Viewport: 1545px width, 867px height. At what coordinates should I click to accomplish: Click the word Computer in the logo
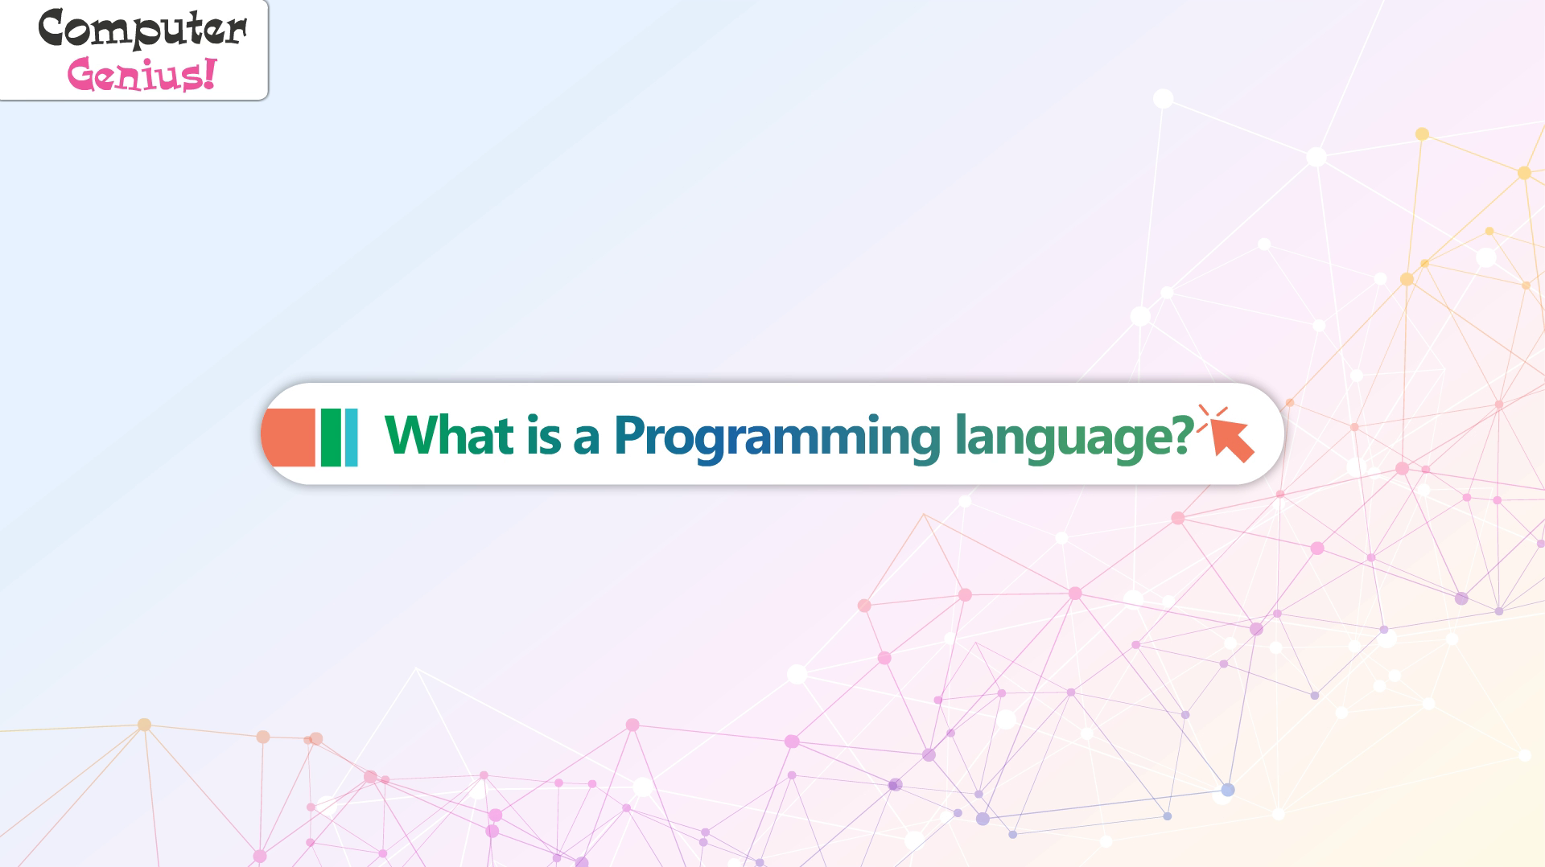[x=142, y=29]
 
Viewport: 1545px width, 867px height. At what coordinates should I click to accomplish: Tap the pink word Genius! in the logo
[x=142, y=75]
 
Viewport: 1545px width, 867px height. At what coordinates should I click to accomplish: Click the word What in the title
[x=449, y=435]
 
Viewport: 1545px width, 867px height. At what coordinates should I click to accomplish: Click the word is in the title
[x=544, y=435]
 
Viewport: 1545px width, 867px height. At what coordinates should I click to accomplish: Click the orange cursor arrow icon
[x=1226, y=434]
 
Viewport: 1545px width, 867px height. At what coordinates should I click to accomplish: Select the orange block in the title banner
[x=288, y=438]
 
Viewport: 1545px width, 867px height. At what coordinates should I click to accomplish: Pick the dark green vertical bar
[x=331, y=438]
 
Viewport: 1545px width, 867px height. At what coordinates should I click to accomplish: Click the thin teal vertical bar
[x=351, y=438]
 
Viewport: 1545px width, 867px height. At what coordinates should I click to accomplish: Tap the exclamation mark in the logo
[x=210, y=73]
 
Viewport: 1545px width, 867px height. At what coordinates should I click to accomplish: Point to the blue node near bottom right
[x=1227, y=790]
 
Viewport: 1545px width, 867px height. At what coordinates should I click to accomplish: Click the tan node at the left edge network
[x=144, y=725]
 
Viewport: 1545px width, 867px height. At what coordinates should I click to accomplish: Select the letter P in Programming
[x=630, y=435]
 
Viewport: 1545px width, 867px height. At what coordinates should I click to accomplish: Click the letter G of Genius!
[x=83, y=76]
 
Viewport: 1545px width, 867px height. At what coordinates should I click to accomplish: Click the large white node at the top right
[x=1163, y=99]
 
